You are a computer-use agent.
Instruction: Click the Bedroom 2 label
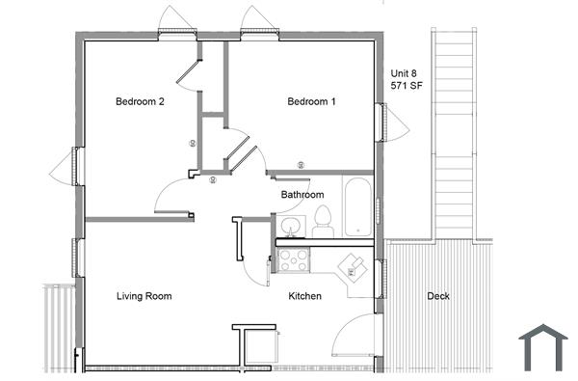(x=139, y=101)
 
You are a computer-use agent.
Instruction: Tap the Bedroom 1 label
(x=311, y=101)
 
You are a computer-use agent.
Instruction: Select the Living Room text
(x=144, y=296)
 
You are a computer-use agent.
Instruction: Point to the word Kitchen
(x=304, y=296)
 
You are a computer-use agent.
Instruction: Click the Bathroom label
(x=302, y=195)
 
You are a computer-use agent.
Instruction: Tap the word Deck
(x=438, y=296)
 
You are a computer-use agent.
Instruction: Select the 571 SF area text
(x=407, y=86)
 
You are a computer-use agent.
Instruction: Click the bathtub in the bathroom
(x=355, y=206)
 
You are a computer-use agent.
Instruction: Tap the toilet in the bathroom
(x=323, y=223)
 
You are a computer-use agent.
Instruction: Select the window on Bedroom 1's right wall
(x=381, y=122)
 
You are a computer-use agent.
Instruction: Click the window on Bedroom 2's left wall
(x=76, y=165)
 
